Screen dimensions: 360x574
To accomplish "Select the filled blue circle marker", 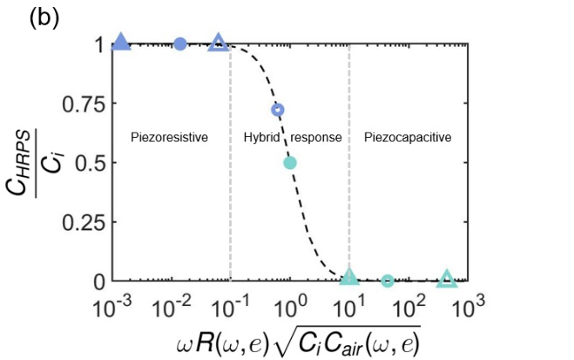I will [180, 44].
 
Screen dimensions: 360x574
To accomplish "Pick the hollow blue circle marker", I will [278, 110].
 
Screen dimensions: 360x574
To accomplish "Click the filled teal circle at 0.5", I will [290, 162].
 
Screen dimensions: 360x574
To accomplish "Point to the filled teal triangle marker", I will [349, 277].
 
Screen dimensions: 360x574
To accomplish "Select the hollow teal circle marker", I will [388, 281].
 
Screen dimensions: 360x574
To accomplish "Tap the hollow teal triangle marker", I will [447, 278].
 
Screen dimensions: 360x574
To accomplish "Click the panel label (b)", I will [44, 18].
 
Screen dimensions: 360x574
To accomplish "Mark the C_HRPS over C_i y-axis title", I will [31, 162].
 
